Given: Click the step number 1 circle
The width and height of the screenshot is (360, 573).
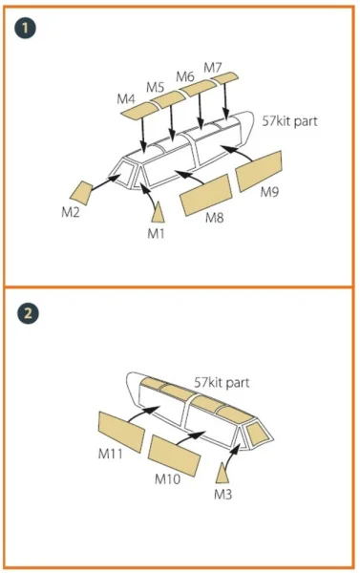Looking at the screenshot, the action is (x=25, y=28).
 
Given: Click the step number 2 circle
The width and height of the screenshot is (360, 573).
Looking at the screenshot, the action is (x=28, y=313).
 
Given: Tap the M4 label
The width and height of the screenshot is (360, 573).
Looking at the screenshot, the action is (x=126, y=99).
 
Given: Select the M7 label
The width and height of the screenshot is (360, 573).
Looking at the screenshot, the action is (x=213, y=67).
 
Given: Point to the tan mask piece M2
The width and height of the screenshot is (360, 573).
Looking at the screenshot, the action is (x=82, y=192).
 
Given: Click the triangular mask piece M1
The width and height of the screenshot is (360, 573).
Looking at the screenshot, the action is (x=159, y=212).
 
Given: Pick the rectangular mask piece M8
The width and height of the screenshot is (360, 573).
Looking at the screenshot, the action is (x=205, y=195).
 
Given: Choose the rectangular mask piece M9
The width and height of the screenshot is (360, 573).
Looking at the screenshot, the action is (x=260, y=171).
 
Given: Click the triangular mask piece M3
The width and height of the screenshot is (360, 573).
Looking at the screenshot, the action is (x=222, y=473).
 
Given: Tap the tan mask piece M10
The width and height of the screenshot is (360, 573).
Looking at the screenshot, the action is (x=175, y=456).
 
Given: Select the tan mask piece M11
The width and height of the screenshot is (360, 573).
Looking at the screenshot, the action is (x=121, y=433).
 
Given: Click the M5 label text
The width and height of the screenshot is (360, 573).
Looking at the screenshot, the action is (x=156, y=88).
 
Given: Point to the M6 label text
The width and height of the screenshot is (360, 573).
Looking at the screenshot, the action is (x=185, y=77).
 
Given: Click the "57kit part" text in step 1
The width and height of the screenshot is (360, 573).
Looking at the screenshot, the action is (x=289, y=121).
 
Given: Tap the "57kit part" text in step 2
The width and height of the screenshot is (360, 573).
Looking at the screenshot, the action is (x=222, y=383).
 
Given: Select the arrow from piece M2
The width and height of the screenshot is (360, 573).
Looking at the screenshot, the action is (x=106, y=182).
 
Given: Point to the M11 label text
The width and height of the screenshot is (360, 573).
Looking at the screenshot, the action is (x=111, y=454).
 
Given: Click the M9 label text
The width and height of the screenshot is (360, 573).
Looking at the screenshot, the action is (x=269, y=192).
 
